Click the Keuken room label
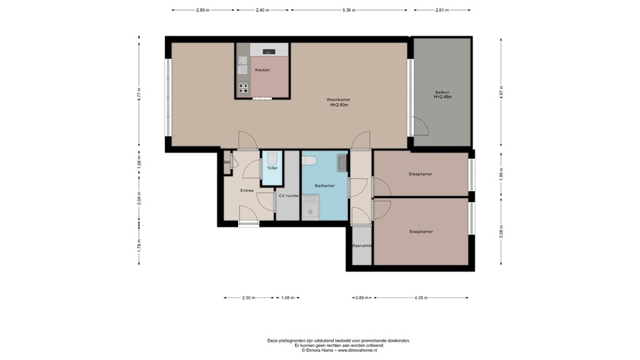pyautogui.click(x=262, y=70)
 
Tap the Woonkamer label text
pyautogui.click(x=338, y=100)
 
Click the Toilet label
pyautogui.click(x=272, y=169)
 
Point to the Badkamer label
pyautogui.click(x=324, y=186)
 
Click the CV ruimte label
pyautogui.click(x=288, y=196)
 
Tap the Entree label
pyautogui.click(x=247, y=190)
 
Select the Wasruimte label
pyautogui.click(x=362, y=246)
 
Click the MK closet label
pyautogui.click(x=227, y=162)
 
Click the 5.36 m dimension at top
pyautogui.click(x=349, y=10)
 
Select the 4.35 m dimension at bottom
pyautogui.click(x=421, y=297)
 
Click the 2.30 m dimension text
pyautogui.click(x=248, y=297)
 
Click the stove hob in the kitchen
pyautogui.click(x=242, y=87)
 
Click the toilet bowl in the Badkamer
pyautogui.click(x=309, y=161)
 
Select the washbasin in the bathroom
pyautogui.click(x=342, y=162)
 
